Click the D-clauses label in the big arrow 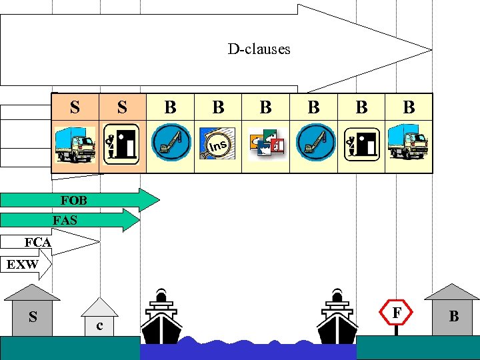[259, 49]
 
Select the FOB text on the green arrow [73, 200]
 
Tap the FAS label [65, 220]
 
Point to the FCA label [38, 242]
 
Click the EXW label [22, 265]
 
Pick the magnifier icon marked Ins [217, 144]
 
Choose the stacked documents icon [266, 144]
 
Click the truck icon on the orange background [75, 144]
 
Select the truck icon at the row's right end [409, 144]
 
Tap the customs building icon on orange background [122, 144]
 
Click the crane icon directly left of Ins [170, 144]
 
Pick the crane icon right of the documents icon [313, 144]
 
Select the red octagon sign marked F [397, 311]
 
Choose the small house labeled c [99, 320]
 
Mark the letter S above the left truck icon [75, 107]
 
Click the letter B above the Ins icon [218, 107]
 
